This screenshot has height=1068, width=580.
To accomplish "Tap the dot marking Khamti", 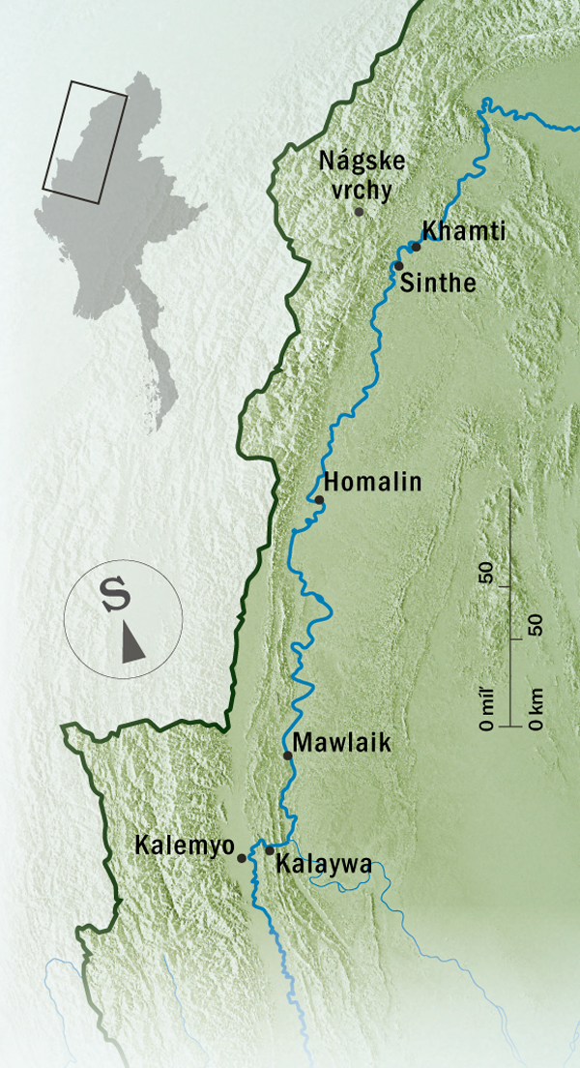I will pyautogui.click(x=417, y=247).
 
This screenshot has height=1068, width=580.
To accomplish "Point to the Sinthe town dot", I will pyautogui.click(x=398, y=265).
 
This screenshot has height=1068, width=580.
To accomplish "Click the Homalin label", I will pyautogui.click(x=373, y=482).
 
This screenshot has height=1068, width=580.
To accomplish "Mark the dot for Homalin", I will pyautogui.click(x=319, y=499).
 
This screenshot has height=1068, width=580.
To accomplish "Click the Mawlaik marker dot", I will pyautogui.click(x=287, y=756).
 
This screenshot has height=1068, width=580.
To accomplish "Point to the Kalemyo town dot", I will pyautogui.click(x=242, y=857).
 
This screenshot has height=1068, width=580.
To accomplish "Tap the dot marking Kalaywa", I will pyautogui.click(x=270, y=850).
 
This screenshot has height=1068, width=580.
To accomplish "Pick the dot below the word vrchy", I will pyautogui.click(x=360, y=212).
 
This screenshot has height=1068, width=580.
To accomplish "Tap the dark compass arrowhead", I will pyautogui.click(x=132, y=642).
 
